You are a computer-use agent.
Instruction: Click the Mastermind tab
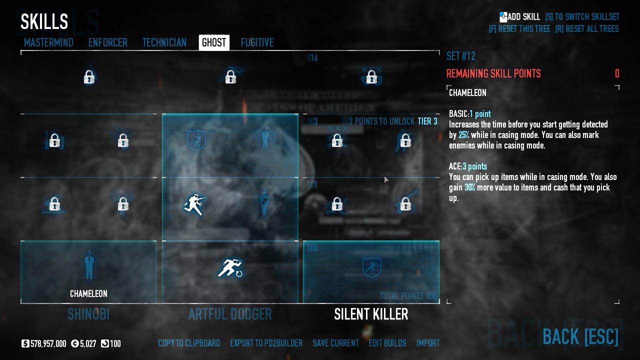(x=48, y=42)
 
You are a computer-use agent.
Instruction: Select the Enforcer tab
(x=107, y=42)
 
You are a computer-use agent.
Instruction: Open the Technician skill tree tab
(x=164, y=42)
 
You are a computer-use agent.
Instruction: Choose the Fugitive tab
(x=257, y=42)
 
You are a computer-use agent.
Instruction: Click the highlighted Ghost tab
(x=214, y=42)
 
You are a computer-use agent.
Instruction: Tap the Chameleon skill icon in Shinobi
(x=89, y=265)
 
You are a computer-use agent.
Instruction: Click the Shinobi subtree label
(x=88, y=314)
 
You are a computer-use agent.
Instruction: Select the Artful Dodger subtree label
(x=230, y=314)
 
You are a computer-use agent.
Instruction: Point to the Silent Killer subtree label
(x=371, y=314)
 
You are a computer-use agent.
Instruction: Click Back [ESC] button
(x=580, y=336)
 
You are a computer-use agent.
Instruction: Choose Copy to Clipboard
(x=189, y=343)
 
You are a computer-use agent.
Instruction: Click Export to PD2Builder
(x=266, y=343)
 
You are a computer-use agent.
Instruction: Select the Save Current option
(x=335, y=343)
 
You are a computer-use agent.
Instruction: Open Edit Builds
(x=387, y=343)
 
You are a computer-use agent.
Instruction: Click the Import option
(x=428, y=343)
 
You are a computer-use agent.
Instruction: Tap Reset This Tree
(x=519, y=29)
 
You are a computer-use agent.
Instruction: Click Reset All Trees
(x=586, y=29)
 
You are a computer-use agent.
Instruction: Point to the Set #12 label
(x=460, y=56)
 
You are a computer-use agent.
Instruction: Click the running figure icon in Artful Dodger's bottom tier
(x=230, y=268)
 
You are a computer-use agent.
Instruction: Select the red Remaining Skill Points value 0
(x=617, y=74)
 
